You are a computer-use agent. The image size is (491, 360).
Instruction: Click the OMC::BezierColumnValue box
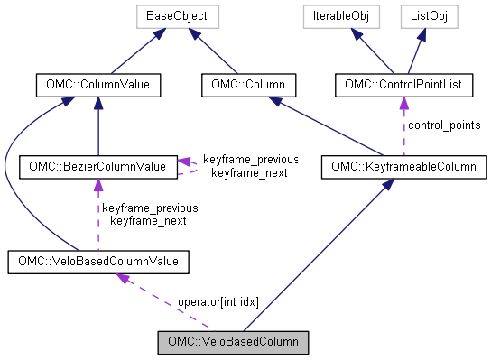click(x=97, y=166)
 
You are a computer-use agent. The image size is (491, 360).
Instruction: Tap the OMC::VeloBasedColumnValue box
click(x=98, y=262)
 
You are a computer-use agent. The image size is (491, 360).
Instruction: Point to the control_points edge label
click(x=444, y=125)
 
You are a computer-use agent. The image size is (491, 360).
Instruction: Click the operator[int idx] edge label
click(x=218, y=301)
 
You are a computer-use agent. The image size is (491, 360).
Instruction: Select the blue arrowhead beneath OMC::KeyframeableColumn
click(x=385, y=183)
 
